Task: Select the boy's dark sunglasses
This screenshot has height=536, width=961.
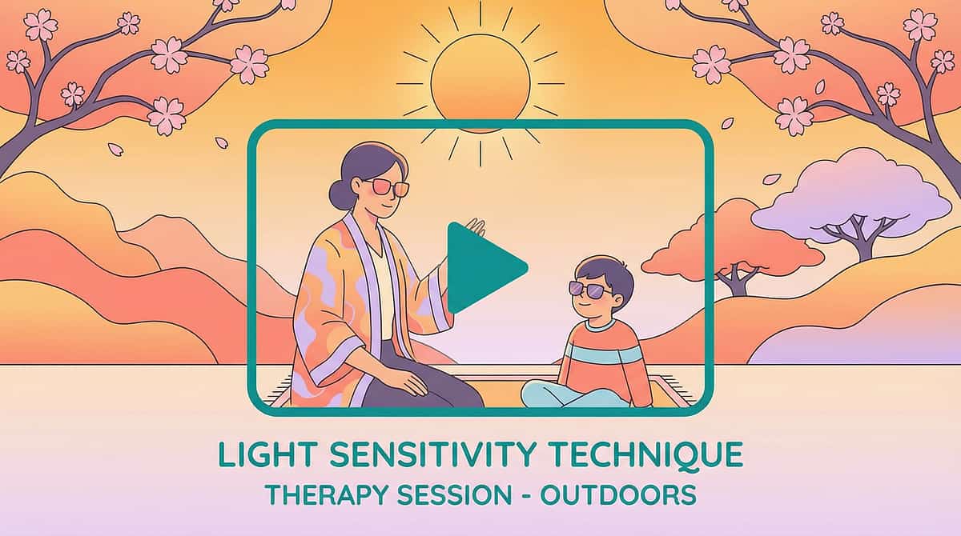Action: click(589, 288)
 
